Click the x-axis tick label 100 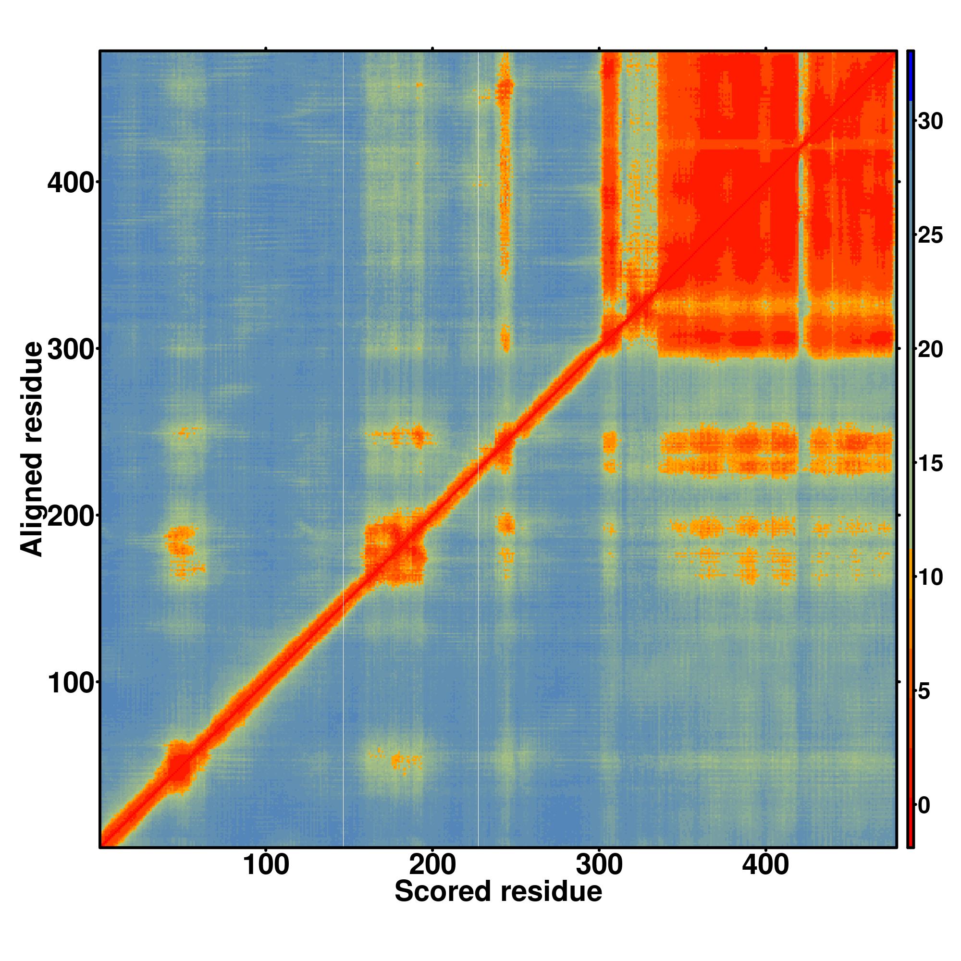click(266, 866)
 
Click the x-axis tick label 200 click(432, 866)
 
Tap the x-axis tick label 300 click(599, 866)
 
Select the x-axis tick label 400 click(765, 866)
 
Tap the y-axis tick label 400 click(70, 184)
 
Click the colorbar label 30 click(930, 122)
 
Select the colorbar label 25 click(930, 235)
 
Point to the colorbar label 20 click(930, 350)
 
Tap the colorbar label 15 click(930, 464)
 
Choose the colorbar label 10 click(930, 578)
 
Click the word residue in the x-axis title click(551, 891)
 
